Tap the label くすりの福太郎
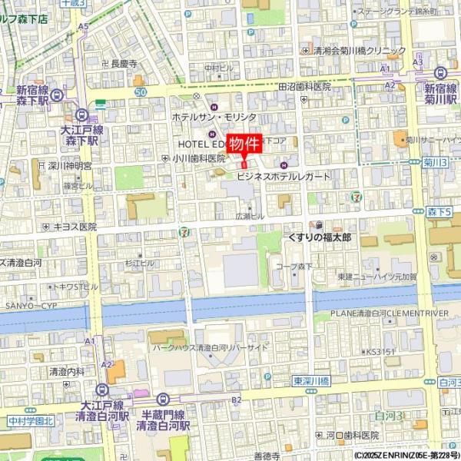319,238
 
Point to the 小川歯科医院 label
198,158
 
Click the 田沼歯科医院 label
304,87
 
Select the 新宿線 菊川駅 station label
440,94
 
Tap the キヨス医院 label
75,227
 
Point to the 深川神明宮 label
69,165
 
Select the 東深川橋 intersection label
310,380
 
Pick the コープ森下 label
294,267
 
